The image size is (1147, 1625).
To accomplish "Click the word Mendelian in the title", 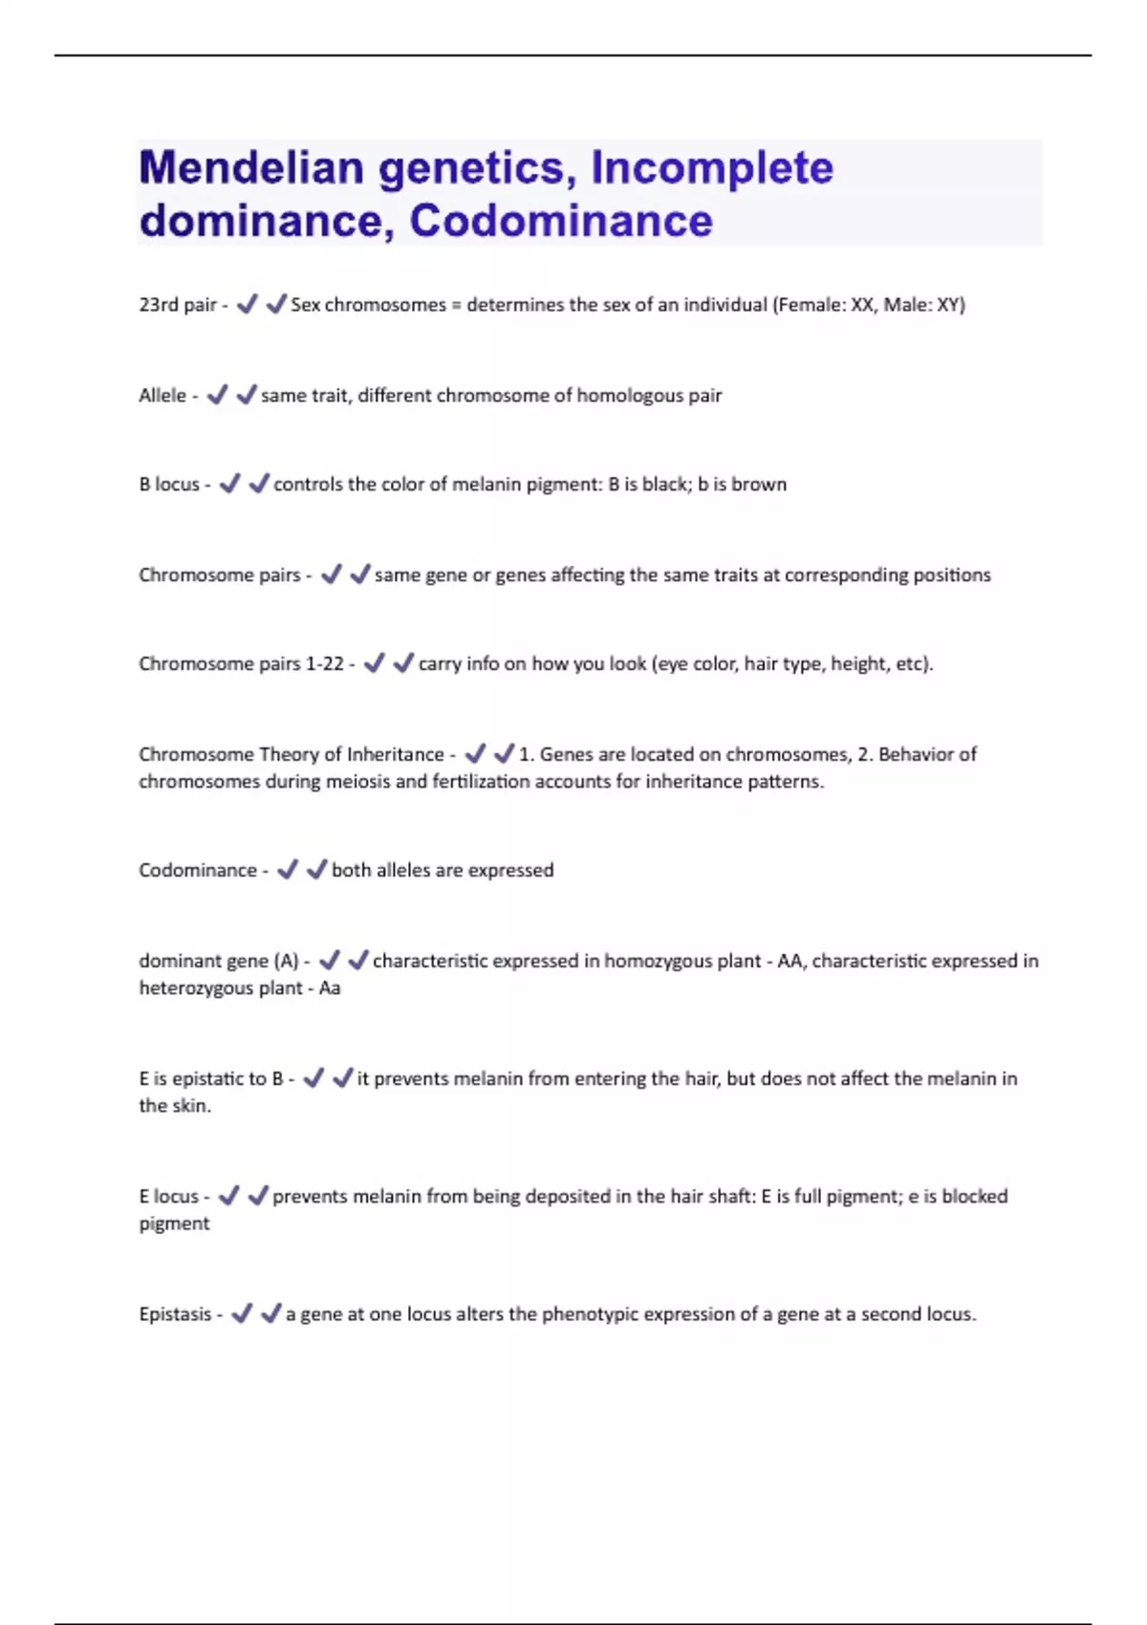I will pos(249,168).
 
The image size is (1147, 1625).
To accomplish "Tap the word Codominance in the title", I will pos(561,221).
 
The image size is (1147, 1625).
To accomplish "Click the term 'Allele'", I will pos(162,396).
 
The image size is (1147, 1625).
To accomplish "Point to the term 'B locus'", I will pos(169,485).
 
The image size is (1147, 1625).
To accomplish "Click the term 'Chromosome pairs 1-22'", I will pos(241,664).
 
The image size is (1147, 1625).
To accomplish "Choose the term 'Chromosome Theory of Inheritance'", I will pos(291,754).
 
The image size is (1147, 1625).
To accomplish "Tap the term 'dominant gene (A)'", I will pos(218,962).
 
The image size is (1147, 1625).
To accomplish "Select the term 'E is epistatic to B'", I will pos(210,1079).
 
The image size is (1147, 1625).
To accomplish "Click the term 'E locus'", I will pos(168,1197).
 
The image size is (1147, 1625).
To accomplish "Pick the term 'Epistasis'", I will pos(175,1314).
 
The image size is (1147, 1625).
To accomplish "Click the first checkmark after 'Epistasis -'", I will pos(243,1314).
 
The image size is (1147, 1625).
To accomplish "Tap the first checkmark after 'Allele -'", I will pos(218,395).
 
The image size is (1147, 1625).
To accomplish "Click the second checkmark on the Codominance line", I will pos(315,870).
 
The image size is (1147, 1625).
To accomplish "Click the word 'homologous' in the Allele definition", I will pos(624,396).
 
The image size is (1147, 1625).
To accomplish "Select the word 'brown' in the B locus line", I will pos(759,485).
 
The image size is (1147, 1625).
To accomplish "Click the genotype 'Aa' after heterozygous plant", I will pos(329,988).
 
